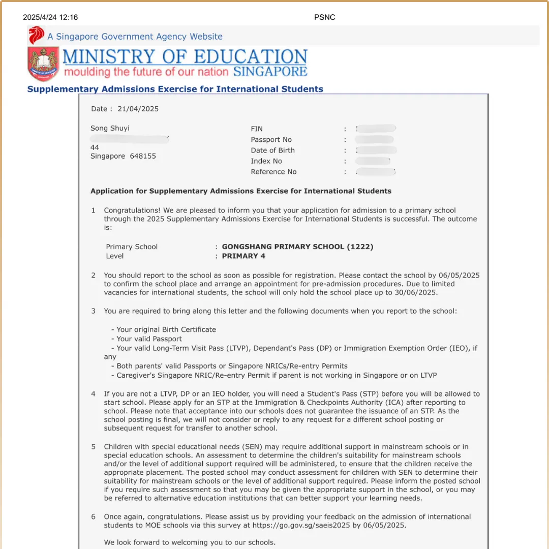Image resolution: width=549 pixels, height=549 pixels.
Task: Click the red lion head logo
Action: tap(36, 36)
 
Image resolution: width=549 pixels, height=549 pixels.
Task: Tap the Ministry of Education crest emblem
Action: tap(43, 64)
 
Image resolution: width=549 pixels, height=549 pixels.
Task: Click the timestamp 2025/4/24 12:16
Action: tap(50, 17)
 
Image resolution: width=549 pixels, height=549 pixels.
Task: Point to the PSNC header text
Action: tap(325, 17)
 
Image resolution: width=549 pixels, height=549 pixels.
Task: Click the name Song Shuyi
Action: tap(110, 128)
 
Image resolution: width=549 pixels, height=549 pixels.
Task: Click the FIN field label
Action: tap(257, 129)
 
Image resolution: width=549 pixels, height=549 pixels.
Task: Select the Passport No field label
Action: tap(271, 140)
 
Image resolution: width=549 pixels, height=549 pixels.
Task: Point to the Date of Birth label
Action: tap(272, 150)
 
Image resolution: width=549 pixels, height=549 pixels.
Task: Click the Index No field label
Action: tap(266, 161)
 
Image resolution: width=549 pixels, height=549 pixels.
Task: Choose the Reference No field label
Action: tap(273, 172)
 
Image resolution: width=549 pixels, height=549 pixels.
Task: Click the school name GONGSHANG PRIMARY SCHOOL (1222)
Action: tap(297, 247)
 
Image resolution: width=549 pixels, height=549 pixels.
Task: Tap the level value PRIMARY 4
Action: tap(243, 256)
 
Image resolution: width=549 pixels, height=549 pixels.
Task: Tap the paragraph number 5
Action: tap(93, 447)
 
